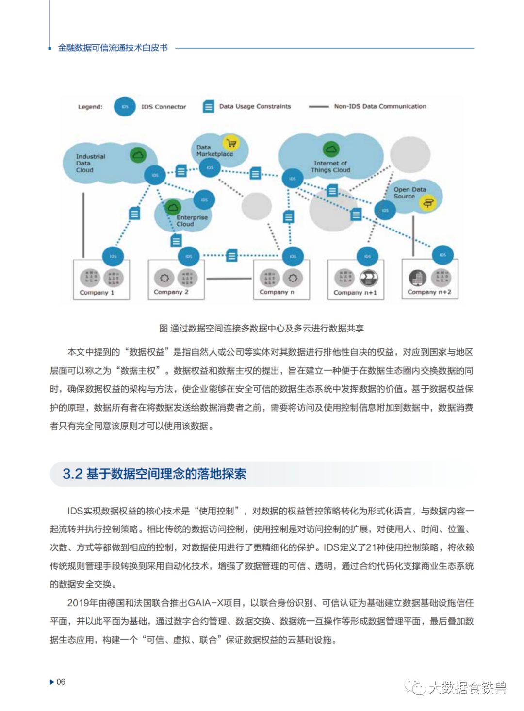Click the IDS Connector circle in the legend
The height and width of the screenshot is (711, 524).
[x=125, y=107]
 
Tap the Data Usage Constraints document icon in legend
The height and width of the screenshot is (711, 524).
[x=208, y=107]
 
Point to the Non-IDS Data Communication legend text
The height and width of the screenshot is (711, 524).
[x=380, y=106]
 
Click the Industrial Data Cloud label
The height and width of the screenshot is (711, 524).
[x=90, y=163]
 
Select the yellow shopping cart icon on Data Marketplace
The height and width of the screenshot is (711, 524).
[x=231, y=143]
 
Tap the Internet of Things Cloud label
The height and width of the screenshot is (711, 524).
[x=330, y=166]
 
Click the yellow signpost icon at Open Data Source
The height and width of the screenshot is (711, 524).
[x=428, y=203]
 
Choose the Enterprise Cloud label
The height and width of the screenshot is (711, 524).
[x=192, y=221]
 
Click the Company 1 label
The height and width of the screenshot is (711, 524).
[x=97, y=293]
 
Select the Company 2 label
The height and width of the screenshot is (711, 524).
[x=171, y=292]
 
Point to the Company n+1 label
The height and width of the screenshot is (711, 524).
[x=355, y=293]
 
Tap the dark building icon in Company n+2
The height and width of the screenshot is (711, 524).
[x=417, y=278]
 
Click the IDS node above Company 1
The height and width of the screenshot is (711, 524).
[x=113, y=256]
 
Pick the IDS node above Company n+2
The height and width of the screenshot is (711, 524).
[x=442, y=255]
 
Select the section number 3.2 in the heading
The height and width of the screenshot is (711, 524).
[x=72, y=474]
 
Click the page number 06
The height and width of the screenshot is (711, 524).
[x=61, y=682]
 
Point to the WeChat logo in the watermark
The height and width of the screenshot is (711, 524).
[x=415, y=687]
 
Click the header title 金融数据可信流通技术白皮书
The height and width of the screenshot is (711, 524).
[x=113, y=48]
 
